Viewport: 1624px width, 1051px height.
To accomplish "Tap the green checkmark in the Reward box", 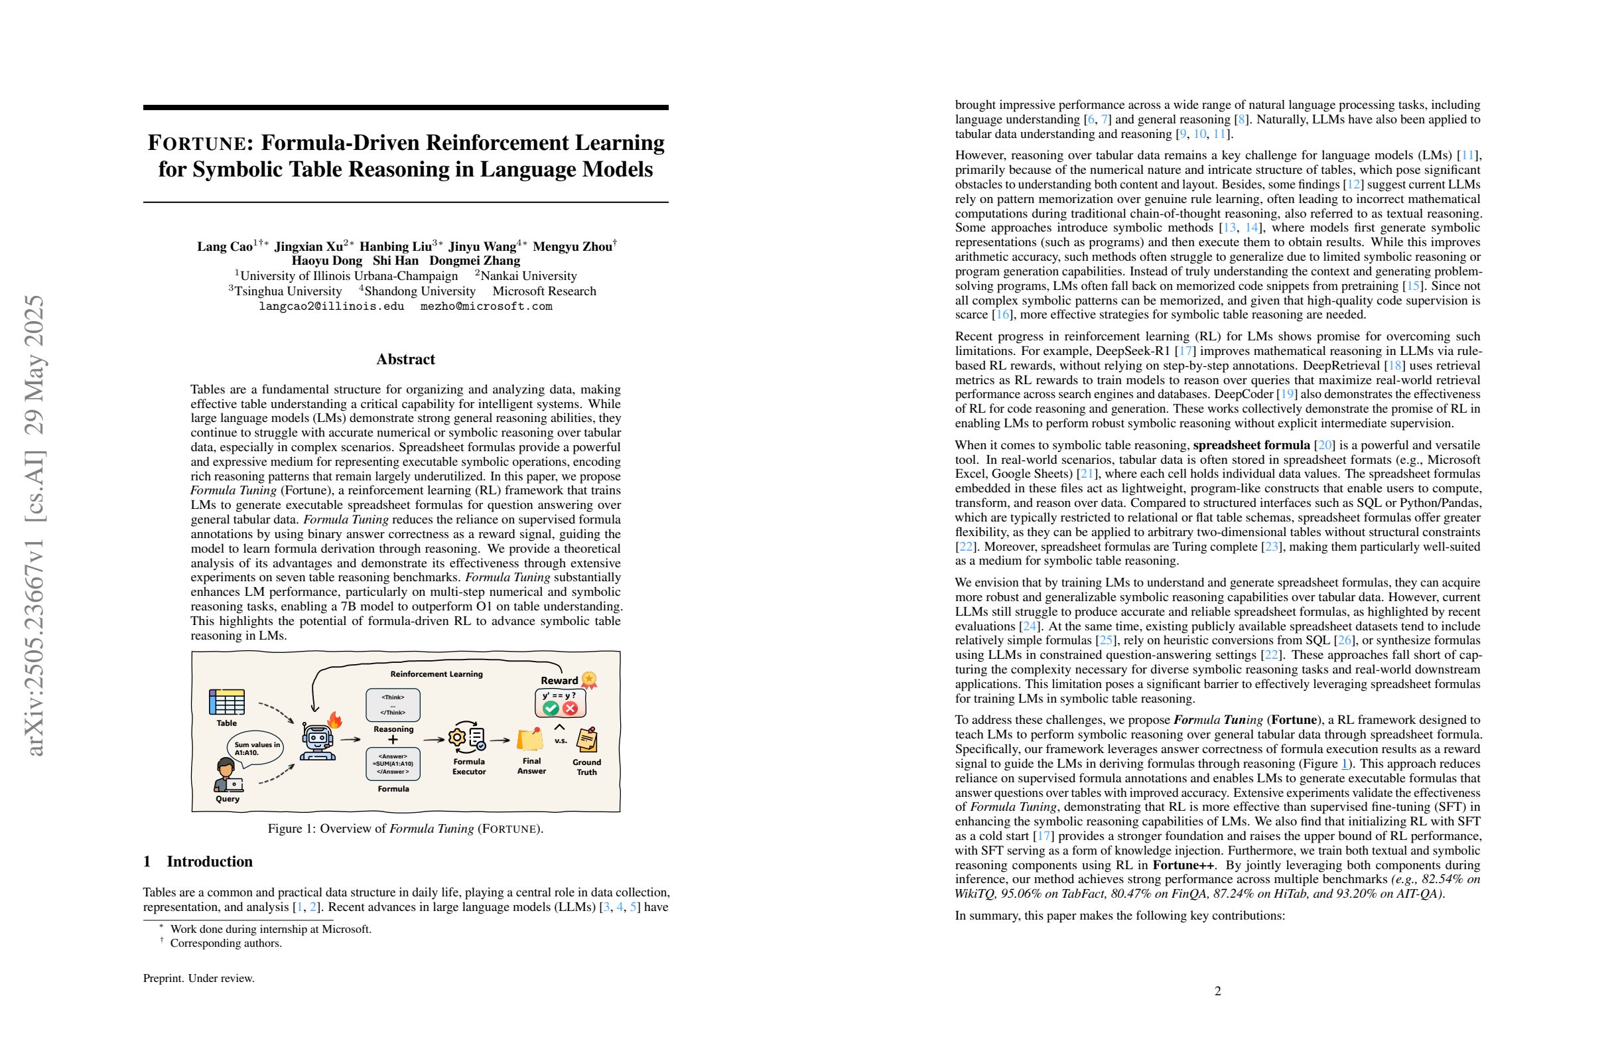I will [x=551, y=709].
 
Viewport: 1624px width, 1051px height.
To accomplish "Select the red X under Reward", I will [x=571, y=709].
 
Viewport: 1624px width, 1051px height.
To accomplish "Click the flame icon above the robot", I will [x=334, y=719].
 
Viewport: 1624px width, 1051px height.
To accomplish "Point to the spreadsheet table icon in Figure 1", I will [x=226, y=702].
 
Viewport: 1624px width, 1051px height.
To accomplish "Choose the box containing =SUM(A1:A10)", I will [x=393, y=764].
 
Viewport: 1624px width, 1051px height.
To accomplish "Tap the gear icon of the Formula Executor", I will [x=456, y=738].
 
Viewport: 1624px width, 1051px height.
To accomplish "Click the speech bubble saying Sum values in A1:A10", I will [x=257, y=748].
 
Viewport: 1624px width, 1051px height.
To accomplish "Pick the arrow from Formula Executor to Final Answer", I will [x=500, y=740].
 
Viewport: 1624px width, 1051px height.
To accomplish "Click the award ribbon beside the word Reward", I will [x=589, y=679].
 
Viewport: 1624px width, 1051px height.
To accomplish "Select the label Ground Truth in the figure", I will [x=586, y=767].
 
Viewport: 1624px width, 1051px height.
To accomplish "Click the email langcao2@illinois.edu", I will [x=332, y=307].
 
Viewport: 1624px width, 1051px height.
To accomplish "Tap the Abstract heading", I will [x=405, y=360].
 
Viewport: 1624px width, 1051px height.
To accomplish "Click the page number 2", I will [x=1218, y=991].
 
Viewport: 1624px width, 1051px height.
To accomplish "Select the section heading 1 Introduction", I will [x=198, y=862].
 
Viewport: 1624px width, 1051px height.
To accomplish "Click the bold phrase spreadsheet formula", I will [x=1251, y=445].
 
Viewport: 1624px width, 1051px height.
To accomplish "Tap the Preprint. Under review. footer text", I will [x=198, y=979].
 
